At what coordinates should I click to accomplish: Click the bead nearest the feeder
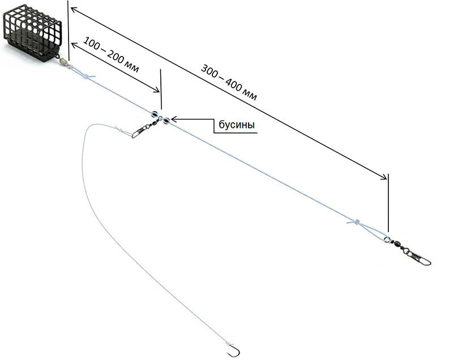(153, 114)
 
